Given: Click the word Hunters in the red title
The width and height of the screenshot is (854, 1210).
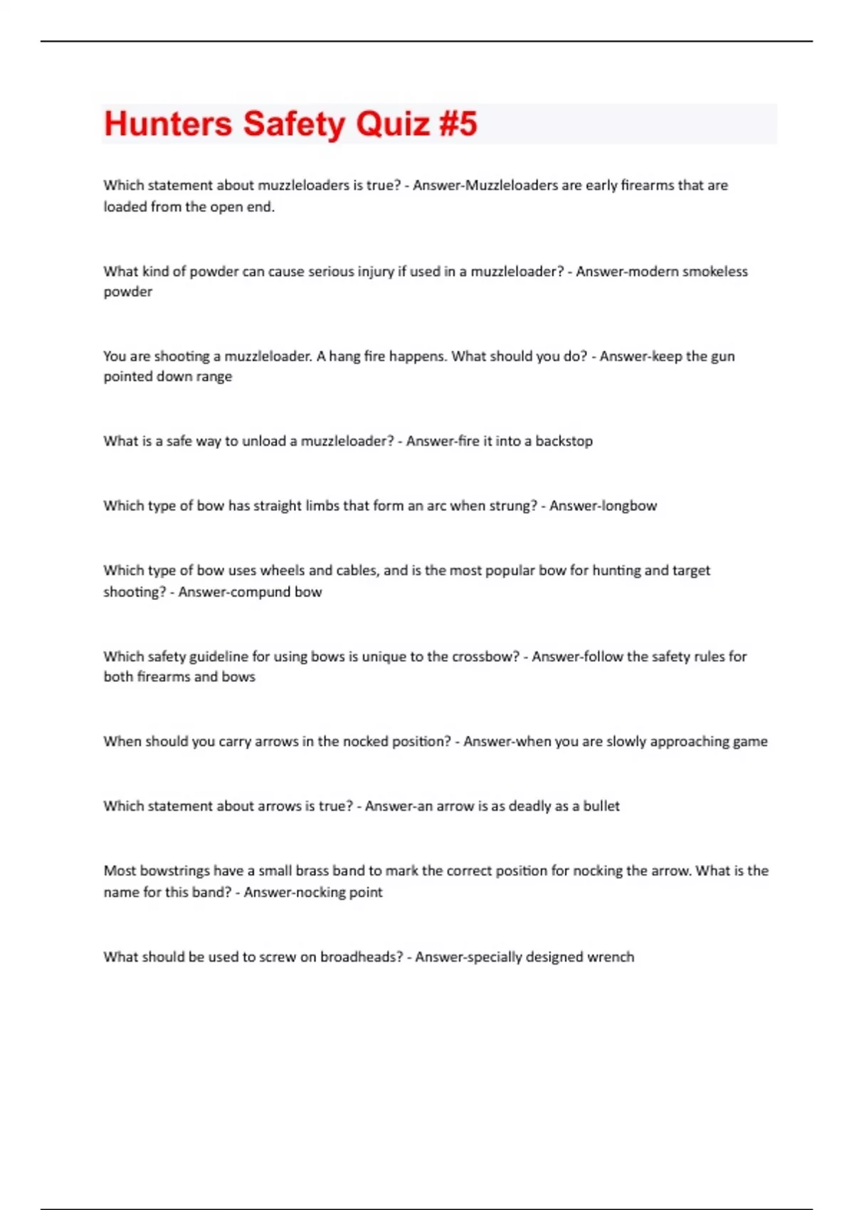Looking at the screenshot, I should (x=168, y=124).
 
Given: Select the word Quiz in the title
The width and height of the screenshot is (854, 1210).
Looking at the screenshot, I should (x=392, y=124).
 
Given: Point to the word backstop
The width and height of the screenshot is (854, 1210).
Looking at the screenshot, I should (x=564, y=441).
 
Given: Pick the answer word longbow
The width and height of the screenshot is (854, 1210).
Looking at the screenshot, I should (x=629, y=506).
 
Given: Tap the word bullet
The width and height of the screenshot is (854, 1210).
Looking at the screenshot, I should (x=601, y=806).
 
